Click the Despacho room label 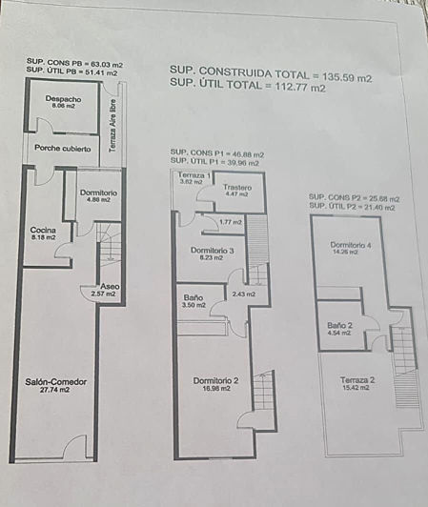click(x=63, y=99)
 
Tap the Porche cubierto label click(x=63, y=149)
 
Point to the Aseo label click(x=111, y=287)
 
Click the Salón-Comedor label click(x=55, y=381)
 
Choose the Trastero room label click(x=237, y=187)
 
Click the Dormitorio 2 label click(x=214, y=380)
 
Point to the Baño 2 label click(x=340, y=325)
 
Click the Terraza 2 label click(x=357, y=380)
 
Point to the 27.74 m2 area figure click(x=55, y=390)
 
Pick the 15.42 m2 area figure click(x=357, y=389)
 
